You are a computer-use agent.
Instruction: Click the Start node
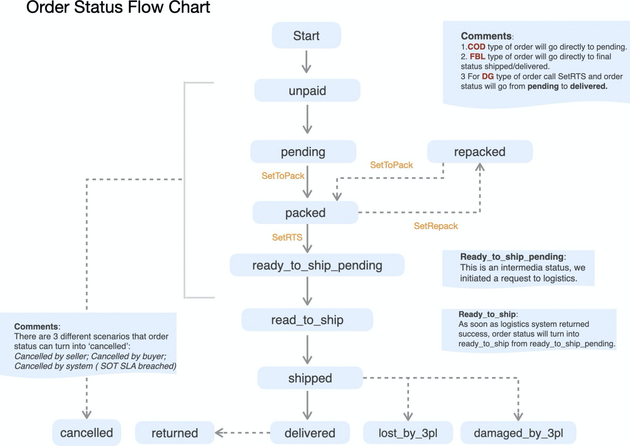(306, 36)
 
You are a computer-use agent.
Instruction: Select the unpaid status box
(307, 90)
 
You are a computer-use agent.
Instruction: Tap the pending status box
(303, 152)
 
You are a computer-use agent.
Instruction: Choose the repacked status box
(480, 152)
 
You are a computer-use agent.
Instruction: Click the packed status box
(305, 213)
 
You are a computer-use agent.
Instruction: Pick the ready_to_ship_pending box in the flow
(317, 265)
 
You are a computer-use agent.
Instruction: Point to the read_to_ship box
(307, 320)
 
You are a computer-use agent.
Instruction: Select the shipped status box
(310, 378)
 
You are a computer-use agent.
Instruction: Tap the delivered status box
(310, 433)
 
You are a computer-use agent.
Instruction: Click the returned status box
(175, 433)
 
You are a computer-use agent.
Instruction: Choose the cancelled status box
(86, 433)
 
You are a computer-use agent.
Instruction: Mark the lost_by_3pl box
(408, 433)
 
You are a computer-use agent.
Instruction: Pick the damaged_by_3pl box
(518, 433)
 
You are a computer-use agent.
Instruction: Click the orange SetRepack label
(436, 226)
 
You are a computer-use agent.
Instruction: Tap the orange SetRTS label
(287, 237)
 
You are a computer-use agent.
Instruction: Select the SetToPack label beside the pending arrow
(283, 176)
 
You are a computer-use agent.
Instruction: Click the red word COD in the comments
(476, 47)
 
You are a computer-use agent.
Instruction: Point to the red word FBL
(477, 57)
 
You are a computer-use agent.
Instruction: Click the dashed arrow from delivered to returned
(243, 433)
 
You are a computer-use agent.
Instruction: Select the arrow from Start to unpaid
(306, 62)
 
